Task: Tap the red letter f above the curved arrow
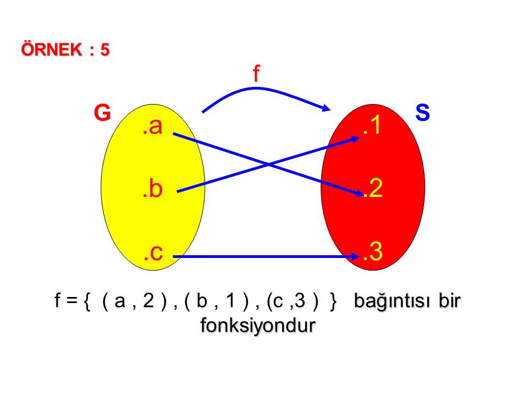coord(256,73)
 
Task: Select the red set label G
coord(102,112)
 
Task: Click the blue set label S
coord(422,112)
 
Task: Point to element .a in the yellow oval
coord(152,126)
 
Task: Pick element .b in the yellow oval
coord(152,189)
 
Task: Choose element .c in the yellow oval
coord(153,252)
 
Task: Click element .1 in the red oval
coord(372,125)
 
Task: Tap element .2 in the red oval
coord(373,188)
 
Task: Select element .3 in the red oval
coord(373,251)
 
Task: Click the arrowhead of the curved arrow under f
coord(326,108)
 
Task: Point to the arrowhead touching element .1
coord(354,139)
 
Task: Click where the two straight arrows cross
coord(268,164)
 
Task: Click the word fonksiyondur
coord(258,326)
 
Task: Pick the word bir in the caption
coord(449,300)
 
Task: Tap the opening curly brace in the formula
coord(87,301)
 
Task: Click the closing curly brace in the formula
coord(333,301)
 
